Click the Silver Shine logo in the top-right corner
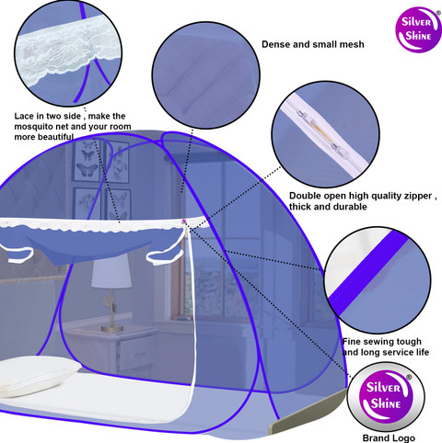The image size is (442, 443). coord(419,29)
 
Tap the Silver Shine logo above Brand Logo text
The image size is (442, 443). coord(386,396)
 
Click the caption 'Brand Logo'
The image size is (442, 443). coord(389,437)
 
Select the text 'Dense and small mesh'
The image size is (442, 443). coord(313,44)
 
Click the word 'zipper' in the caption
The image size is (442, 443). coord(418,196)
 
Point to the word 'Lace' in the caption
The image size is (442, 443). coord(24,116)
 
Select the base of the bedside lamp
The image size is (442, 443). coord(112,329)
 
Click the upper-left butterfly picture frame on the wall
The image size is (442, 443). coord(87,162)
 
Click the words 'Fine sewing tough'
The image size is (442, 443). coord(382,342)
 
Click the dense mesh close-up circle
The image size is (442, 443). coord(206,75)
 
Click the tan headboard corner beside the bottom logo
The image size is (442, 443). coord(307,411)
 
